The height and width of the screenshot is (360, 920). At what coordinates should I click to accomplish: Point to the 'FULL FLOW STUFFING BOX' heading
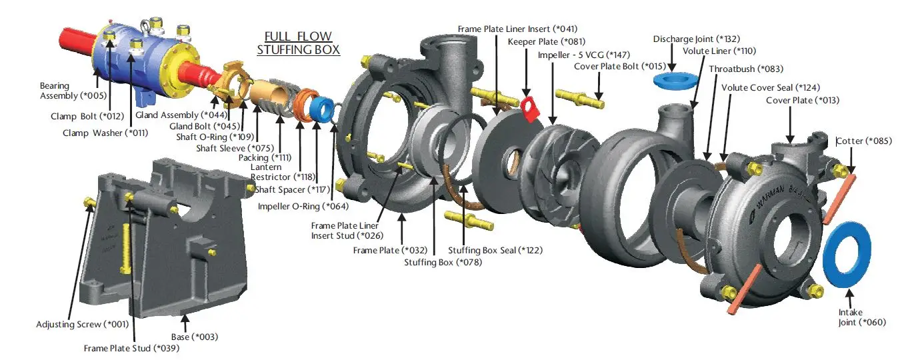pyautogui.click(x=298, y=43)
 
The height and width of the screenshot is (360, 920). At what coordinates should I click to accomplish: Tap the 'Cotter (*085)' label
pyautogui.click(x=865, y=141)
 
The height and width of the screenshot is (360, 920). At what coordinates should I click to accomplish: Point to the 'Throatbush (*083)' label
pyautogui.click(x=745, y=69)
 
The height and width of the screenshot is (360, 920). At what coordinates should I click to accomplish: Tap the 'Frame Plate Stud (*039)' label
pyautogui.click(x=131, y=347)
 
